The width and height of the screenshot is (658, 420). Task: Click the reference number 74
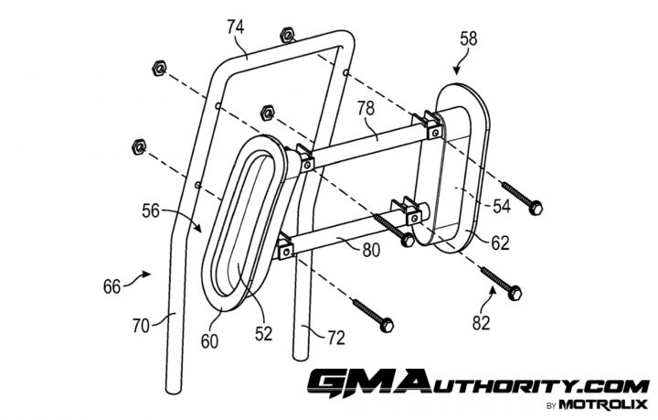236,27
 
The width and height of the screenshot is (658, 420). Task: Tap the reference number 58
469,38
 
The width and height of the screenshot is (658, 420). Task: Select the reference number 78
366,108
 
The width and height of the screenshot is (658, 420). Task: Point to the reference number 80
371,250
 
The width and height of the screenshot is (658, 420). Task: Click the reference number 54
502,206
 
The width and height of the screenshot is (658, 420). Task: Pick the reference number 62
500,243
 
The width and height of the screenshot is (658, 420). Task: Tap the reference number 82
481,323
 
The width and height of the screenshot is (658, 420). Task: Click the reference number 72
335,338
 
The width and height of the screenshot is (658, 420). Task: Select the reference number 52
263,333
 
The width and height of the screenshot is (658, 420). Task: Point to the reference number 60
209,341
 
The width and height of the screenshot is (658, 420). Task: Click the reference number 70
141,326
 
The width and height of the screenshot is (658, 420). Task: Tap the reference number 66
112,286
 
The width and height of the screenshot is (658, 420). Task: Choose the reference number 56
151,210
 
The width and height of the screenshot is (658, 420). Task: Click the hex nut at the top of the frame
288,35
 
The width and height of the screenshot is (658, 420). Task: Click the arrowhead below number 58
457,71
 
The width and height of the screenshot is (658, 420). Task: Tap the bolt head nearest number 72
387,325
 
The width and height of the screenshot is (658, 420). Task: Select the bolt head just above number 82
515,293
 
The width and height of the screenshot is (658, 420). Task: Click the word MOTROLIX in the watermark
603,404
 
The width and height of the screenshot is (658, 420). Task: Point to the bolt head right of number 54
536,208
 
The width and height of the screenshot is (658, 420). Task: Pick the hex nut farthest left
139,146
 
